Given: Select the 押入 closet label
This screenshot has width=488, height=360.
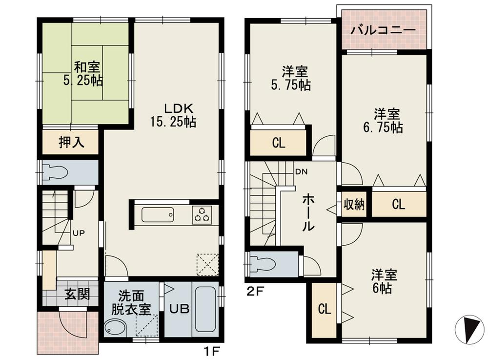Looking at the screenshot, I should pos(72,142).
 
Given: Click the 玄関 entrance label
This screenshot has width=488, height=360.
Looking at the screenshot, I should pos(77,295).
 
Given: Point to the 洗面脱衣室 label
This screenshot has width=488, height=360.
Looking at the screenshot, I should pos(131,303).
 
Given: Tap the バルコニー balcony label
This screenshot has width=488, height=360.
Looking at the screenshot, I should pos(384,30).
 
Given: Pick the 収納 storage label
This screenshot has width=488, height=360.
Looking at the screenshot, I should pos(353,205).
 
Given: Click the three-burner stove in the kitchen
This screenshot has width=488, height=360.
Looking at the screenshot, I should pos(202,214).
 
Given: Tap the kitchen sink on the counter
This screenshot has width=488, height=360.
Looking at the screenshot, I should pos(157,214).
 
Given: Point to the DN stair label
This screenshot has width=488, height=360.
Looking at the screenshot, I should pos(300,171).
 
